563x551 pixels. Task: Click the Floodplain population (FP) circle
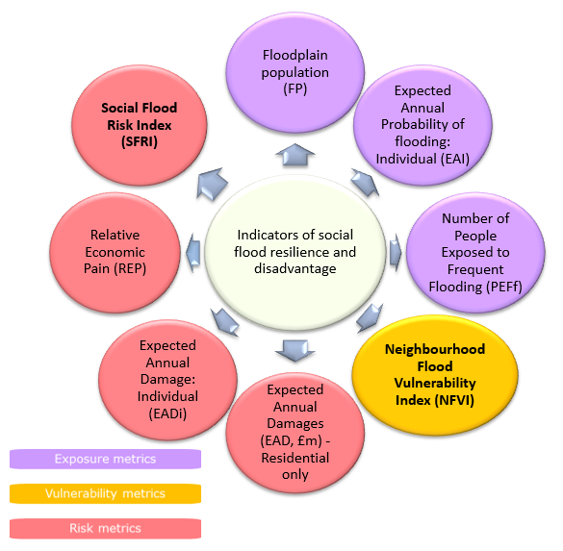tap(295, 72)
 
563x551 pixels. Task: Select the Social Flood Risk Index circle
tap(140, 125)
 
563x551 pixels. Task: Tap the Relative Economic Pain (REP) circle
tap(115, 253)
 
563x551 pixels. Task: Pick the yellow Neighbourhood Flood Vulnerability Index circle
tap(435, 375)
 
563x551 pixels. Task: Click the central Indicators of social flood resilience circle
tap(295, 252)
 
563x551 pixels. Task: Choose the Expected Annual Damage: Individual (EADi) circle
tap(167, 380)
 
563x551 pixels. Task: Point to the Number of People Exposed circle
tap(475, 253)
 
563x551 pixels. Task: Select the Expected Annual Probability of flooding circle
tap(422, 125)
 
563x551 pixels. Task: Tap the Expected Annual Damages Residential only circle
tap(295, 433)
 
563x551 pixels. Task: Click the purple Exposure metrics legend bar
tap(105, 460)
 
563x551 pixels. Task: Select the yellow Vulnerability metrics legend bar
tap(105, 493)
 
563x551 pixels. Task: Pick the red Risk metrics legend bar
tap(105, 528)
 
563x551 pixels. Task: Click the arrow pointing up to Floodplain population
tap(295, 155)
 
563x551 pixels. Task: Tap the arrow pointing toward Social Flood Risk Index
tap(211, 184)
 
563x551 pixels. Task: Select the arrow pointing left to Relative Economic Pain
tap(193, 253)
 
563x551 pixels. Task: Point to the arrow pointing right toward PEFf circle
tap(396, 253)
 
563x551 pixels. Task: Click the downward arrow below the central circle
tap(295, 350)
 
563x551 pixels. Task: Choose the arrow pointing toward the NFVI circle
tap(370, 317)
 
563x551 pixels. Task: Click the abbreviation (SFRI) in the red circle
tap(140, 142)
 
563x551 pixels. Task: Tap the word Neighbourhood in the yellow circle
tap(435, 349)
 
